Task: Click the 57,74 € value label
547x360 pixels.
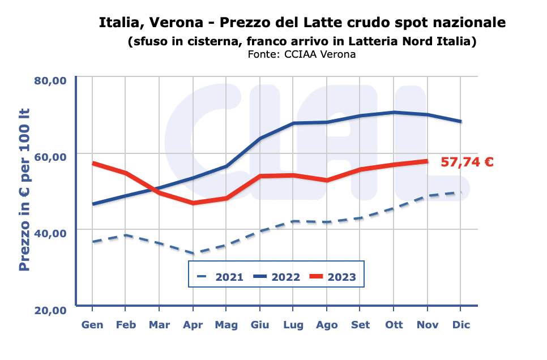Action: (x=467, y=162)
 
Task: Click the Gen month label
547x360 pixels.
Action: (x=92, y=325)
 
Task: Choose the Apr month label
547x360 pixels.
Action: (x=193, y=325)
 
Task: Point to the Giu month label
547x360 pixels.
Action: (x=260, y=325)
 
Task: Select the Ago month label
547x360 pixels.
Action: (x=327, y=325)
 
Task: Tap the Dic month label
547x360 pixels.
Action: (x=461, y=325)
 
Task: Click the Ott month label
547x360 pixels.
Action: (x=394, y=325)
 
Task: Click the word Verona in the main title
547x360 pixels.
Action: (x=181, y=23)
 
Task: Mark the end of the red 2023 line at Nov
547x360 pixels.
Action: (x=427, y=161)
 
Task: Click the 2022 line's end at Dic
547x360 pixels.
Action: (x=461, y=121)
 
